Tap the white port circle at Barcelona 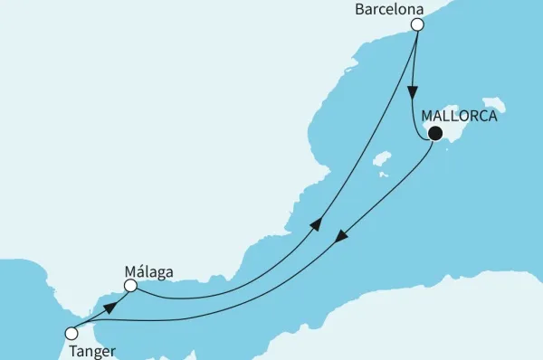(x=417, y=25)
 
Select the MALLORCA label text (x=459, y=116)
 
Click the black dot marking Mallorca (x=435, y=134)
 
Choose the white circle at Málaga (x=130, y=286)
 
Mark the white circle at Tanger (x=71, y=333)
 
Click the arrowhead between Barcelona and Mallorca (x=413, y=93)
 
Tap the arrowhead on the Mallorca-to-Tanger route (x=339, y=237)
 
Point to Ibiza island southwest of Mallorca (x=383, y=161)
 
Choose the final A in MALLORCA (x=491, y=116)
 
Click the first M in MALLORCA (x=427, y=116)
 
